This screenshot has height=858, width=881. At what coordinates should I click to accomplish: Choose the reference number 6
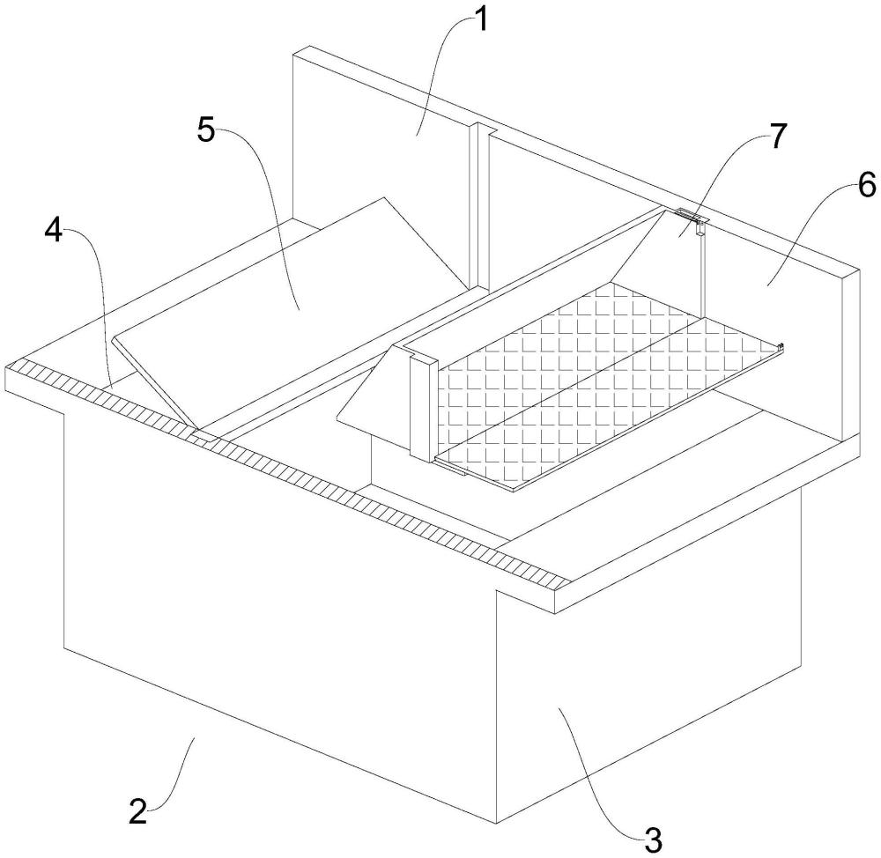coord(866,184)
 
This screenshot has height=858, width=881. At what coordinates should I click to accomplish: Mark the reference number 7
coord(777,137)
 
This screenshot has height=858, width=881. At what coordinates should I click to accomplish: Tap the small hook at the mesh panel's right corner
coord(780,347)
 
